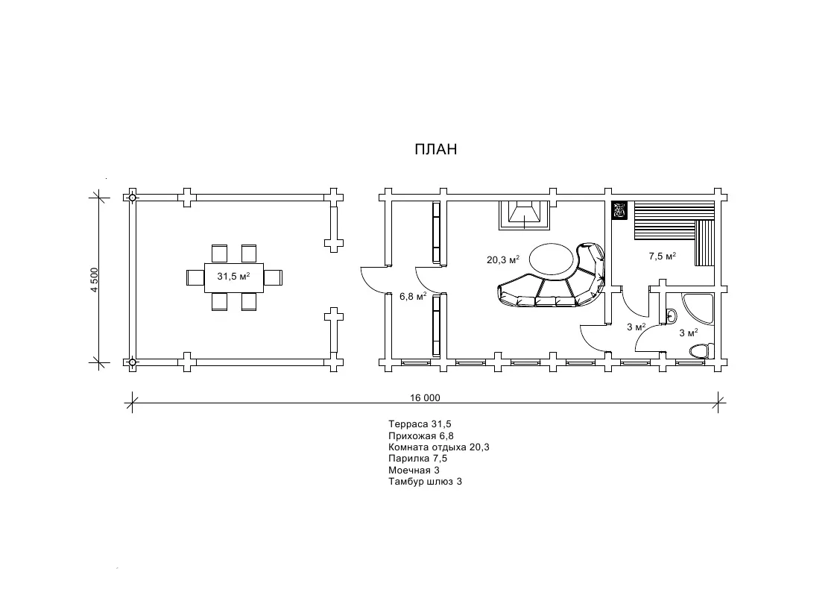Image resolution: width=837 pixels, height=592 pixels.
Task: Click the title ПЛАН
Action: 435,149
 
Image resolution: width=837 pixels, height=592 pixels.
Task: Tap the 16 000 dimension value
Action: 425,397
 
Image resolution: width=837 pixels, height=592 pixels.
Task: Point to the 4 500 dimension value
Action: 95,280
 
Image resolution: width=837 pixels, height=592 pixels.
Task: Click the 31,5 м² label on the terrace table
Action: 233,277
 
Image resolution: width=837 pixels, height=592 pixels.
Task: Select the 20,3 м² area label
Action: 503,260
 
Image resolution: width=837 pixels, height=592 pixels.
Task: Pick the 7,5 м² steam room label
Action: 663,256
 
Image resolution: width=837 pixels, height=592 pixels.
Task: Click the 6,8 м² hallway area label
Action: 413,296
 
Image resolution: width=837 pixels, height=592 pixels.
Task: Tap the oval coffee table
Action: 552,259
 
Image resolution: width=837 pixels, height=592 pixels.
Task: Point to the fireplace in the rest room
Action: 524,215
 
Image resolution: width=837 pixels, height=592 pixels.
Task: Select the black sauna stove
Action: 619,210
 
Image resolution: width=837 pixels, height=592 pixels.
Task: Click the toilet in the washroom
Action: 701,350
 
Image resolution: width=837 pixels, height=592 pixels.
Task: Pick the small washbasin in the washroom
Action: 671,316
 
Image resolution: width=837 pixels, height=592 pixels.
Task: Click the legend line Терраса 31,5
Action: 420,424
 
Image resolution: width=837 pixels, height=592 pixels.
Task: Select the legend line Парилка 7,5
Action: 417,459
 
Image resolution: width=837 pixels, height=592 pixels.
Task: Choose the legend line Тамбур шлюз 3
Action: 425,482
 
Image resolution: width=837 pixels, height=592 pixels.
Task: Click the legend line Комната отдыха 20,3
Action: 439,447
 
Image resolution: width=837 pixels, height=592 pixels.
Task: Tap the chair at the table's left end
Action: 195,277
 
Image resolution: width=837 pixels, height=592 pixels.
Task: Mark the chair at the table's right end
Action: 273,277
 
